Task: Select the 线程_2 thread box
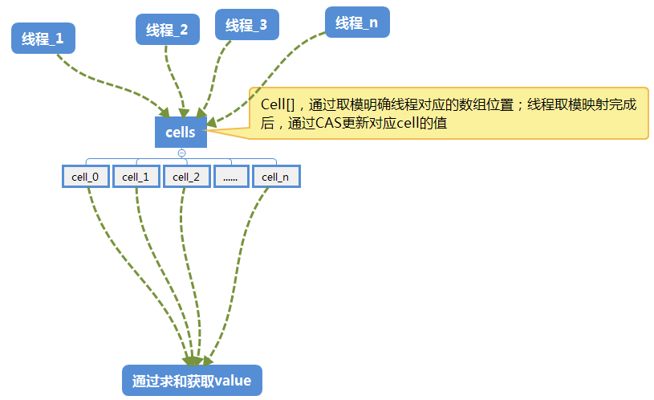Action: [x=166, y=30]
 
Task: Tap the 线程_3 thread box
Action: [x=246, y=25]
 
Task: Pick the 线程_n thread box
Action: [x=357, y=22]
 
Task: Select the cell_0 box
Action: [x=85, y=177]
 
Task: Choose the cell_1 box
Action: [x=136, y=177]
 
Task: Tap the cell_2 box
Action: [x=186, y=177]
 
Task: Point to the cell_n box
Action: [x=275, y=177]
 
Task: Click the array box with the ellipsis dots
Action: [x=230, y=177]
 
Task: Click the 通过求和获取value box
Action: [x=192, y=380]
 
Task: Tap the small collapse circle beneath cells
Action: [x=181, y=153]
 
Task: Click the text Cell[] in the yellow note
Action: [x=278, y=105]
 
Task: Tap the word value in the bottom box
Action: [x=234, y=380]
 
